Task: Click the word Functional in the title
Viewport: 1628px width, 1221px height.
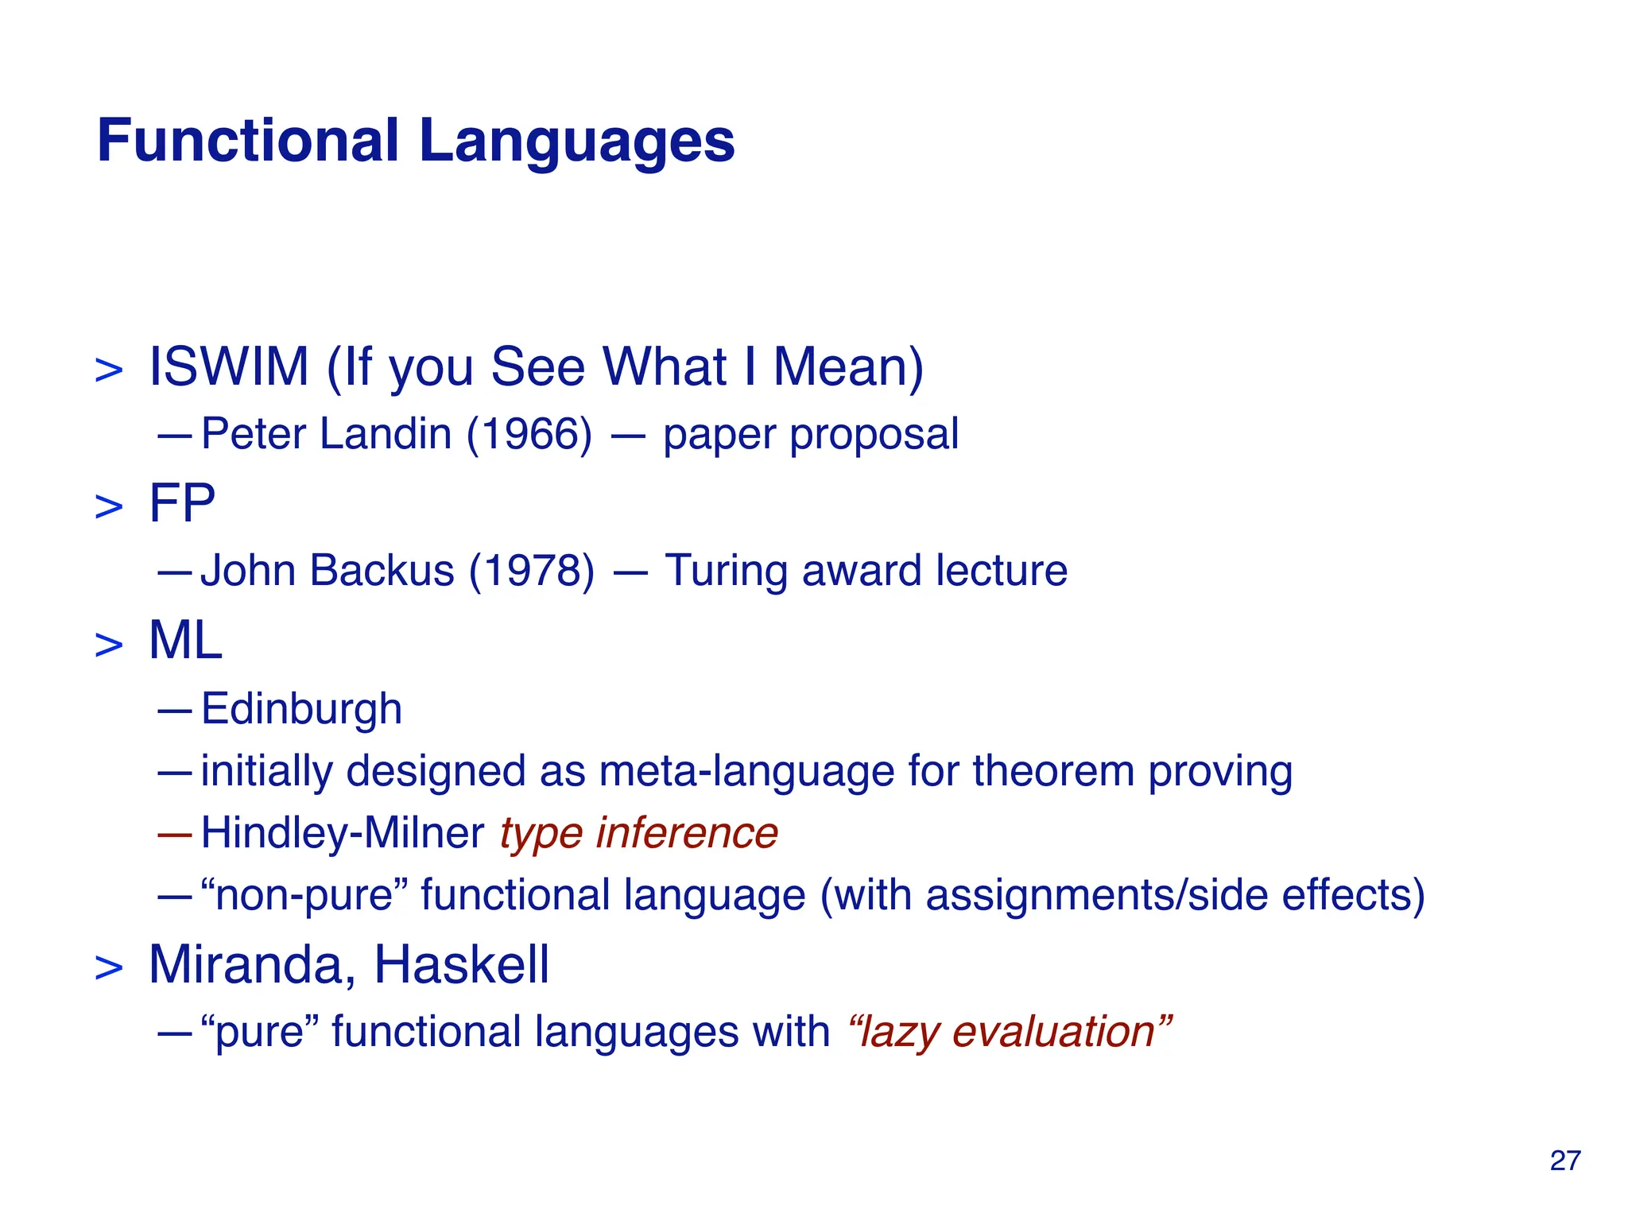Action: tap(247, 141)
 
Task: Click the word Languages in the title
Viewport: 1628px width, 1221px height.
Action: tap(576, 141)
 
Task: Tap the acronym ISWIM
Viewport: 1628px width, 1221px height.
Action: tap(229, 367)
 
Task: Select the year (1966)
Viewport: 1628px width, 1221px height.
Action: tap(529, 434)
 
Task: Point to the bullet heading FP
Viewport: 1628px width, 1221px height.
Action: tap(182, 504)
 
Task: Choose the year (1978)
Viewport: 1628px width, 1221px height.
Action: tap(531, 571)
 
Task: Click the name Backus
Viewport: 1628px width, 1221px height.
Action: tap(382, 571)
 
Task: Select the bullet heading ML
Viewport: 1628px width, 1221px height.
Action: tap(185, 641)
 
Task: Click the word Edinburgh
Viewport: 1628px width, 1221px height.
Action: tap(301, 708)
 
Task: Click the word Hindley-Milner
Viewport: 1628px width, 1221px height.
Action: tap(343, 833)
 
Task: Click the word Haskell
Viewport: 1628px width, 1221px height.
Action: tap(461, 965)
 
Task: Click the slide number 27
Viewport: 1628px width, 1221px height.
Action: tap(1564, 1161)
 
